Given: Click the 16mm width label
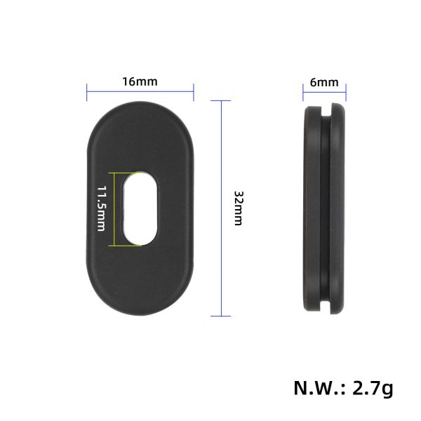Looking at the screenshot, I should click(140, 81).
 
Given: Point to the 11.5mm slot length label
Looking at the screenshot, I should click(101, 208).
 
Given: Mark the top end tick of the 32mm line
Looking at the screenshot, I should click(221, 100).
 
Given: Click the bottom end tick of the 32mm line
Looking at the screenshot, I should click(221, 316).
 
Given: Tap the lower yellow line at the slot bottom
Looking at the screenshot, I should click(126, 246).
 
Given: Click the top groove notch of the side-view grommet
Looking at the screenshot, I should click(326, 111).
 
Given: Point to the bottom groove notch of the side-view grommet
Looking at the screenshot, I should click(326, 307).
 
